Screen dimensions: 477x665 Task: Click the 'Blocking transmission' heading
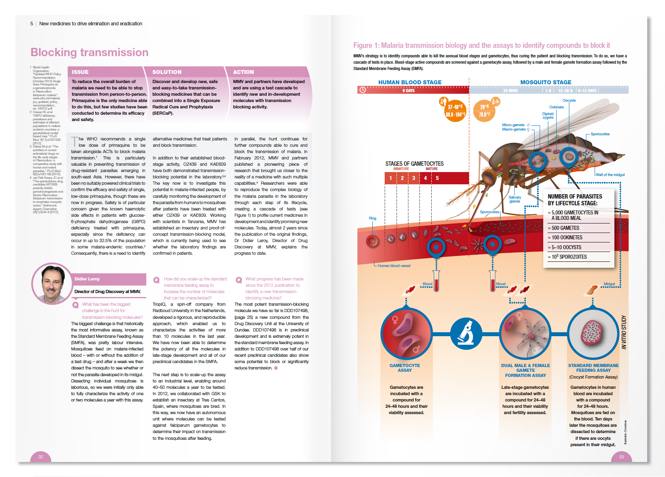click(89, 52)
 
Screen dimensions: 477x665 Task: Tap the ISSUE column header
click(80, 72)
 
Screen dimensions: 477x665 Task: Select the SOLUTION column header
click(167, 72)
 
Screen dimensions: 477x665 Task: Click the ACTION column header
click(243, 72)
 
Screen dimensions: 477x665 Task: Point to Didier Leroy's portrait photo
click(52, 284)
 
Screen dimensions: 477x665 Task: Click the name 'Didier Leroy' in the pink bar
click(87, 279)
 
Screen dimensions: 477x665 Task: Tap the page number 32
click(40, 457)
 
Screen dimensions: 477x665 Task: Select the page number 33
click(621, 457)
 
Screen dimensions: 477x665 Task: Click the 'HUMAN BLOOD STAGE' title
click(410, 82)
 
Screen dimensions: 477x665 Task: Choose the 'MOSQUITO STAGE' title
click(546, 82)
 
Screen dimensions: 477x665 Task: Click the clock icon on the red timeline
click(363, 90)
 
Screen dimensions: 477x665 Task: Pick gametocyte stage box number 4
click(425, 178)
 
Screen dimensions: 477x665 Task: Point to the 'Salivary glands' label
click(514, 199)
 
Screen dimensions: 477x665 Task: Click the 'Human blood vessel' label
click(394, 266)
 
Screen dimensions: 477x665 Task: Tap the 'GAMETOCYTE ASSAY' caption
click(404, 368)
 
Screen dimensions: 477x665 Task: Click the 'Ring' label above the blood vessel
click(372, 218)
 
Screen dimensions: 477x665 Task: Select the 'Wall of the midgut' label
click(610, 174)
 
